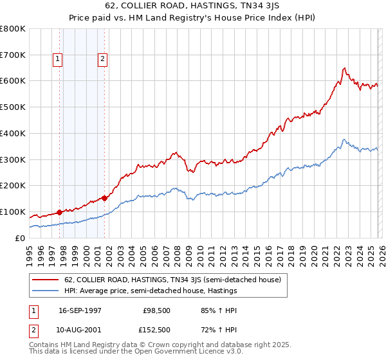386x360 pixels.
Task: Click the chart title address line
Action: click(193, 7)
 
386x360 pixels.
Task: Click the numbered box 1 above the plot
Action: click(57, 60)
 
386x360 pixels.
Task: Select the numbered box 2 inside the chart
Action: click(102, 60)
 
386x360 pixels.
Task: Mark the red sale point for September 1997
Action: click(60, 212)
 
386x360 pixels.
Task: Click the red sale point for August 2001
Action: click(104, 198)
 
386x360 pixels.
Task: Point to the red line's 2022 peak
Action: click(345, 68)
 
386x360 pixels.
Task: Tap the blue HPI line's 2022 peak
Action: click(344, 139)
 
